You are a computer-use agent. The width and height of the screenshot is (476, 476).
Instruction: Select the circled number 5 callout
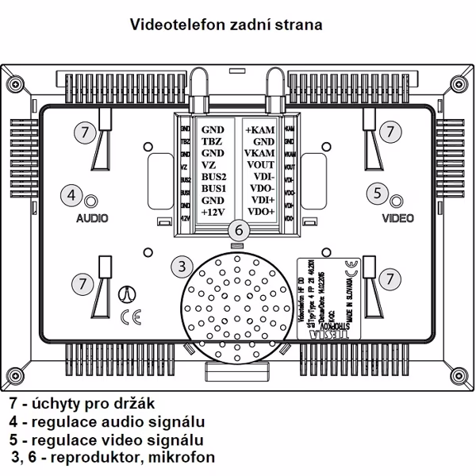tap(378, 192)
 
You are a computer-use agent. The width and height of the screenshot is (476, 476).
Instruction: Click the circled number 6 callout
tap(237, 229)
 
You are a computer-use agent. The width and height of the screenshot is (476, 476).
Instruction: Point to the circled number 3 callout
tap(182, 264)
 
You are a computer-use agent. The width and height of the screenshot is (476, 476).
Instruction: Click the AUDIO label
tap(92, 217)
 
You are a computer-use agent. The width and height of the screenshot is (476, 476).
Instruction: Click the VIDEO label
tap(397, 217)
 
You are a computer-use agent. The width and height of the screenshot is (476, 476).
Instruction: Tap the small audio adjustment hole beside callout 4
tap(91, 200)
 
